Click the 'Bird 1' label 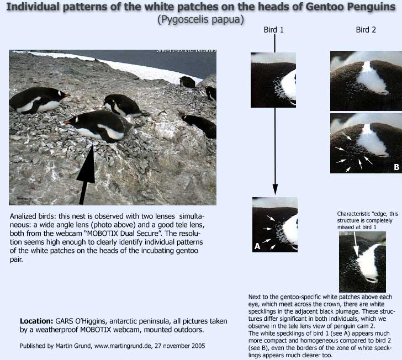(273, 30)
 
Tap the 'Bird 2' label (366, 30)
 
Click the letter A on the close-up (257, 246)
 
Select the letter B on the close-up (396, 167)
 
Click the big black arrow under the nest (86, 174)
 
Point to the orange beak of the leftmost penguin (67, 96)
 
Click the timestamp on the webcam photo (187, 51)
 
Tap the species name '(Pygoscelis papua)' (201, 19)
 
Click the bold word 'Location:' (36, 321)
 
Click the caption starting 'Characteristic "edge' (367, 220)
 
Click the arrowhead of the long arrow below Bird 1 (275, 189)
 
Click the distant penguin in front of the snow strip (187, 82)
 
